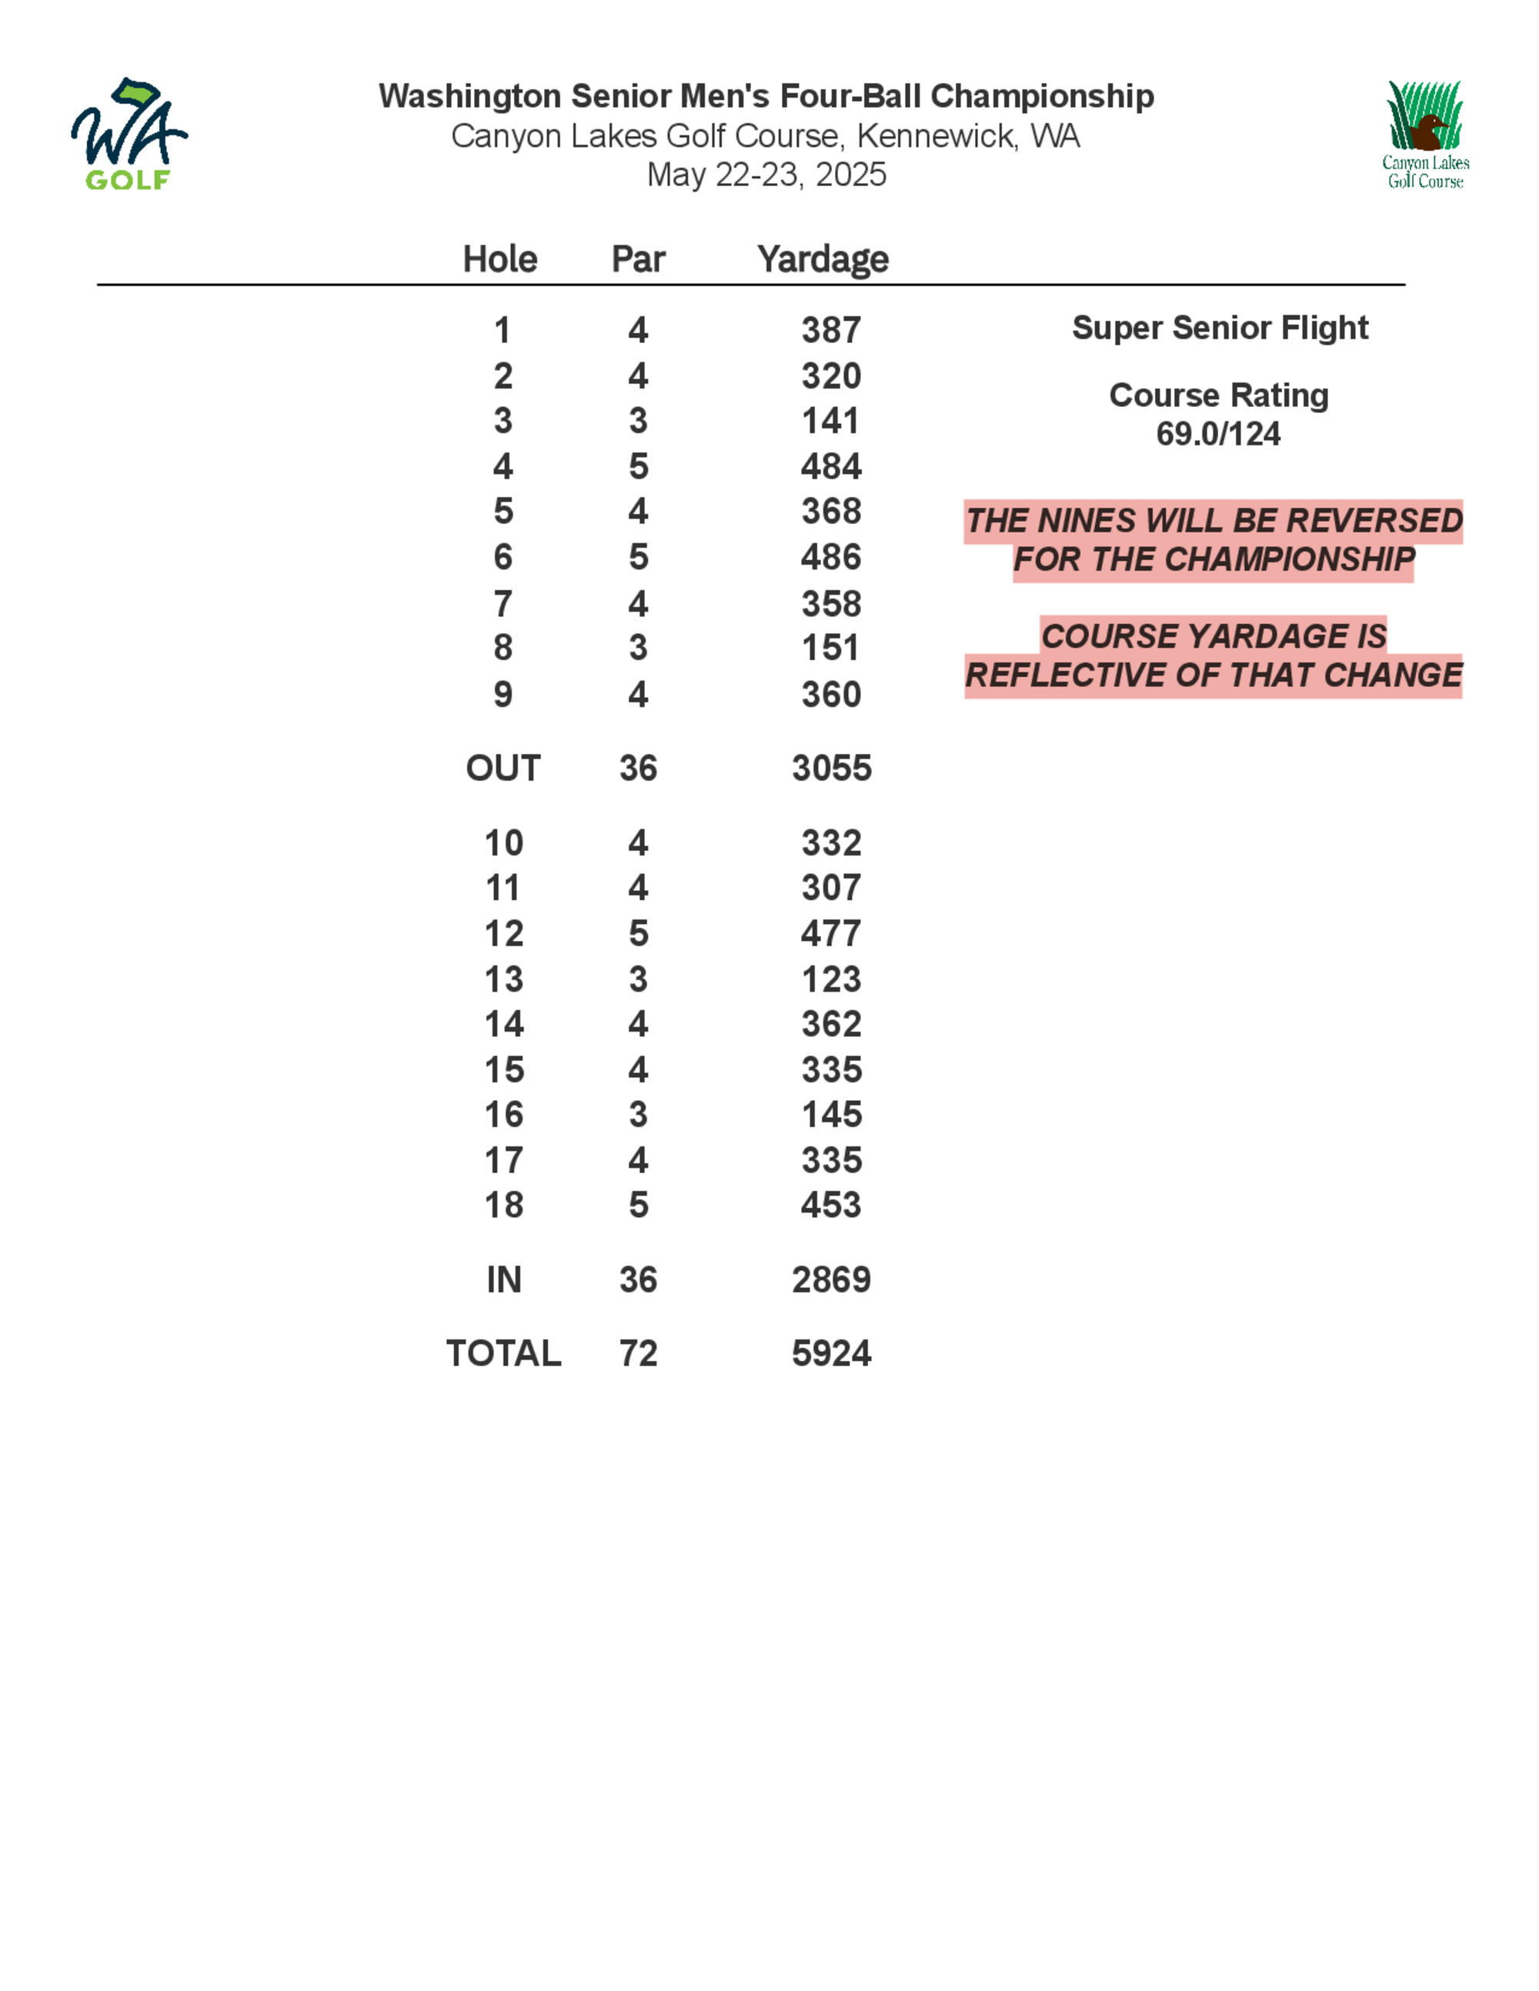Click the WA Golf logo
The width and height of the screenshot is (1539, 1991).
(x=129, y=135)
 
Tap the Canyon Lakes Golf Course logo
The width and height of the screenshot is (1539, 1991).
(x=1424, y=134)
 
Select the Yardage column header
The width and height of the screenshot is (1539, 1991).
(x=823, y=259)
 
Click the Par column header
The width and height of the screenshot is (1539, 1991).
(x=638, y=259)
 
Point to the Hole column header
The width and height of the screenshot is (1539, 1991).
(x=499, y=259)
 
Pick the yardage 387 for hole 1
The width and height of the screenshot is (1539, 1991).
(x=830, y=330)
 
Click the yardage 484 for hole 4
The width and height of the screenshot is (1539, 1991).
(x=830, y=467)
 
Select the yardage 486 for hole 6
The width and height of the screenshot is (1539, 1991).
(x=830, y=557)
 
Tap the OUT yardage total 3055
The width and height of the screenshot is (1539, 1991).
(x=830, y=769)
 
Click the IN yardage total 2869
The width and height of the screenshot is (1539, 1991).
(x=830, y=1280)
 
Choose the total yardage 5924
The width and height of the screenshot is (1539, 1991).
(x=830, y=1354)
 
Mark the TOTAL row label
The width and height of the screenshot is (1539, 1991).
(x=503, y=1354)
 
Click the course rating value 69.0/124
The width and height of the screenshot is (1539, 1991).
(x=1218, y=434)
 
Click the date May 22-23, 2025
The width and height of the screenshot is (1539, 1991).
(x=766, y=175)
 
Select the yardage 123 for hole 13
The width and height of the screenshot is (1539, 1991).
(x=830, y=979)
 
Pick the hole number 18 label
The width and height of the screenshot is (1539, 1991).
(x=503, y=1206)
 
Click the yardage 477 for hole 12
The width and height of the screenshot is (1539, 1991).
(x=830, y=933)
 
